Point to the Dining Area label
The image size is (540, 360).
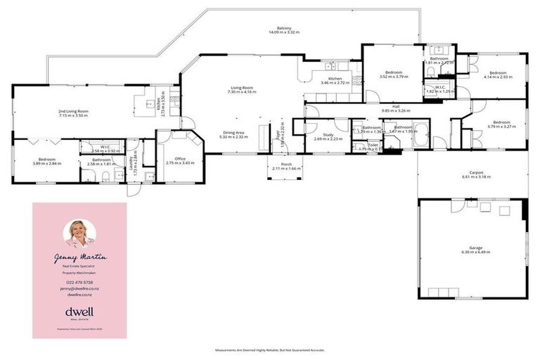[234, 134]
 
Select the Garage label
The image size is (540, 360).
[475, 249]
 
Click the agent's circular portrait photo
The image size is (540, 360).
[79, 233]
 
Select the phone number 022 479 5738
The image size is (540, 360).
[79, 282]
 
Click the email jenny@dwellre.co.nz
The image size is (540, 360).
[79, 289]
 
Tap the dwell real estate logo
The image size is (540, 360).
[79, 312]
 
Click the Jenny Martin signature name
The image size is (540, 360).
[79, 259]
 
